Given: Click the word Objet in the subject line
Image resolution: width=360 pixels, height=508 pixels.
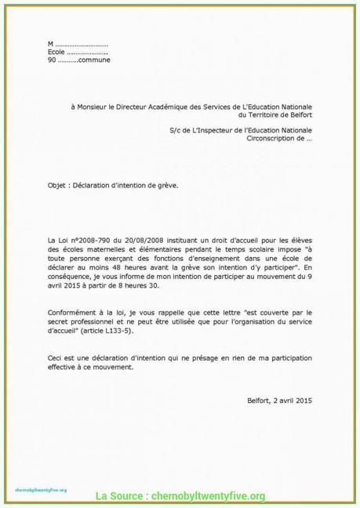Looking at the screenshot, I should pos(56,185).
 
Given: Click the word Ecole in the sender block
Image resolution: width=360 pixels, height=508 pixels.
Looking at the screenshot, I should pos(56,52).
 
